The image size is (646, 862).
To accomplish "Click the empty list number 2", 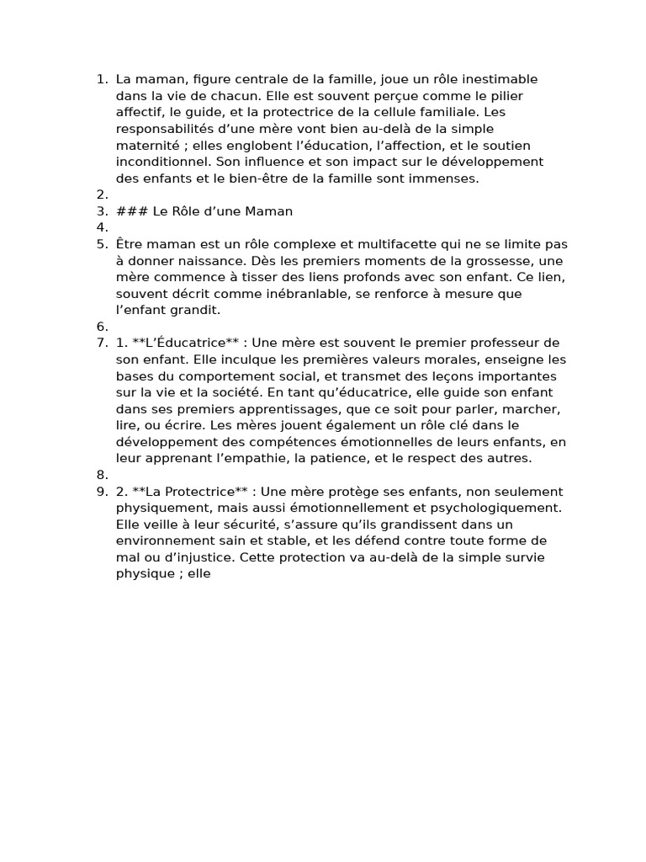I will [x=102, y=194].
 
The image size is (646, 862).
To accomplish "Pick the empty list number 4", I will [x=102, y=227].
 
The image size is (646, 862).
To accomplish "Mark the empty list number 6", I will [x=102, y=326].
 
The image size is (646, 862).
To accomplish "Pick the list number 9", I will [x=102, y=492].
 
